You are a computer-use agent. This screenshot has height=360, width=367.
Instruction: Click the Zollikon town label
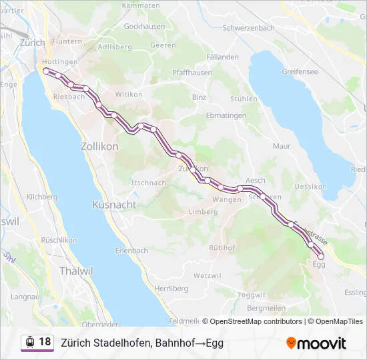coord(99,147)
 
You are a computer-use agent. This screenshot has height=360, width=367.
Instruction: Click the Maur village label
coord(282,145)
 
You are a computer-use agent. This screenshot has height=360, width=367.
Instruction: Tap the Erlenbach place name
coord(131,251)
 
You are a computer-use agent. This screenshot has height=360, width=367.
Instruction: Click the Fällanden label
coord(223,57)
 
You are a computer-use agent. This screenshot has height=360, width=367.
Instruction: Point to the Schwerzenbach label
coord(248,29)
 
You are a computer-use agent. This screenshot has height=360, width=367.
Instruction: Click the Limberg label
coord(204,212)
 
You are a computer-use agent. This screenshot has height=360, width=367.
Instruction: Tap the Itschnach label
coord(148,183)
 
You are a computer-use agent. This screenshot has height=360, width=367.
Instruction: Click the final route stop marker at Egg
coord(321,256)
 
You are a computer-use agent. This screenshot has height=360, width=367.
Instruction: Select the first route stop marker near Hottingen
coord(45,70)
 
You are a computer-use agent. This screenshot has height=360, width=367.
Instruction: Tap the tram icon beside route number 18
coord(29,342)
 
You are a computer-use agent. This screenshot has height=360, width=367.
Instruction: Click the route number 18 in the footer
coord(45,342)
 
